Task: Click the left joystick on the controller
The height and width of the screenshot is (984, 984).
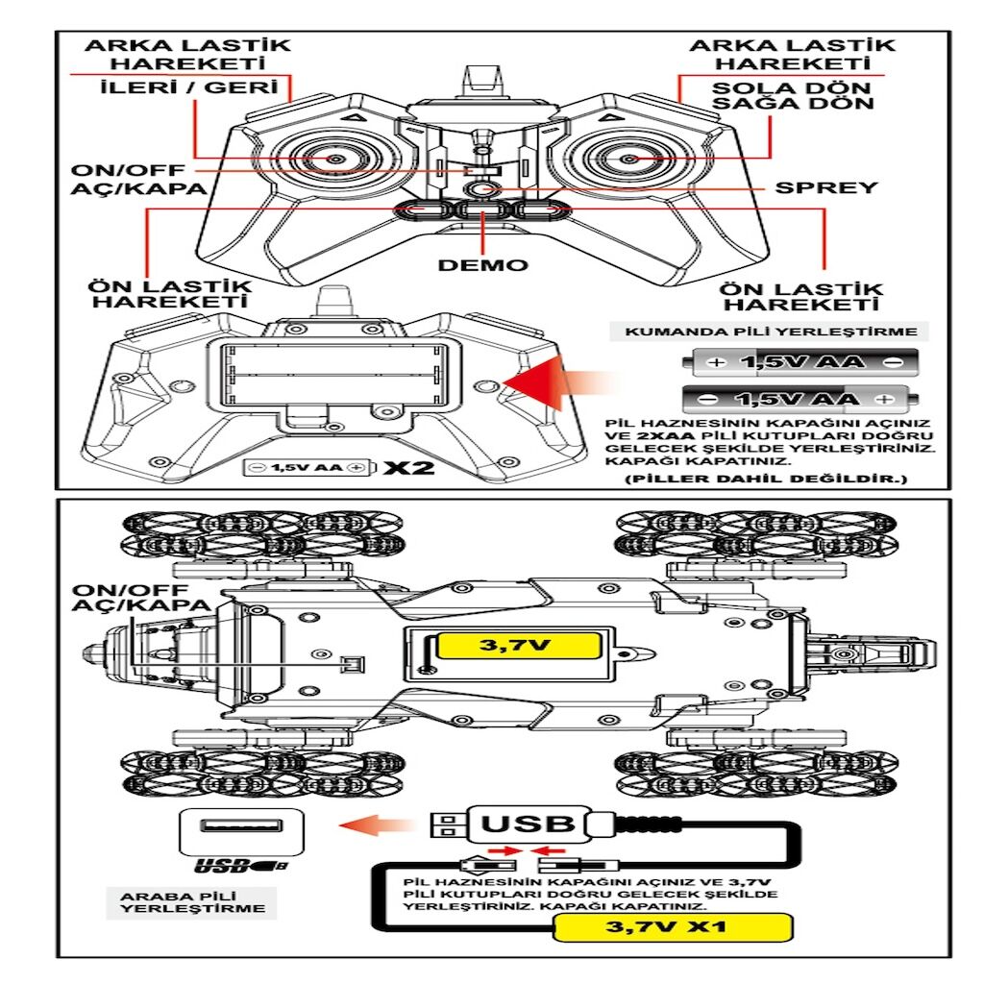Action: tap(335, 159)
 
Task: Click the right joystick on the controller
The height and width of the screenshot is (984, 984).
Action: tap(628, 159)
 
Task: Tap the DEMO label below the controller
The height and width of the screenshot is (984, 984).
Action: tap(482, 264)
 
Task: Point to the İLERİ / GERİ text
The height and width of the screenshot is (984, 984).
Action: tap(194, 89)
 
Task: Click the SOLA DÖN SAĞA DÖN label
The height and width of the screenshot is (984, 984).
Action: tap(793, 95)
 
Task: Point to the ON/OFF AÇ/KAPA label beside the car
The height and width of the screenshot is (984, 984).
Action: tap(140, 597)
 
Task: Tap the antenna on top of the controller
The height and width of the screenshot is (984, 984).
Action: tap(482, 81)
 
